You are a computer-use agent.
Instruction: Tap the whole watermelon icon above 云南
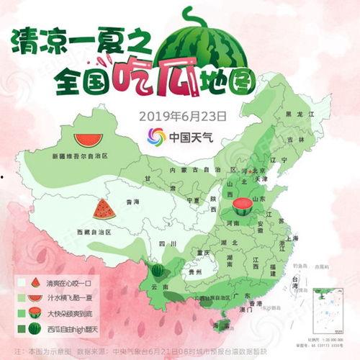point(158,271)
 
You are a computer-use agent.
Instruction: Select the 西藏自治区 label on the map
point(94,233)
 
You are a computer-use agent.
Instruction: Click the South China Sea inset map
point(328,307)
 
